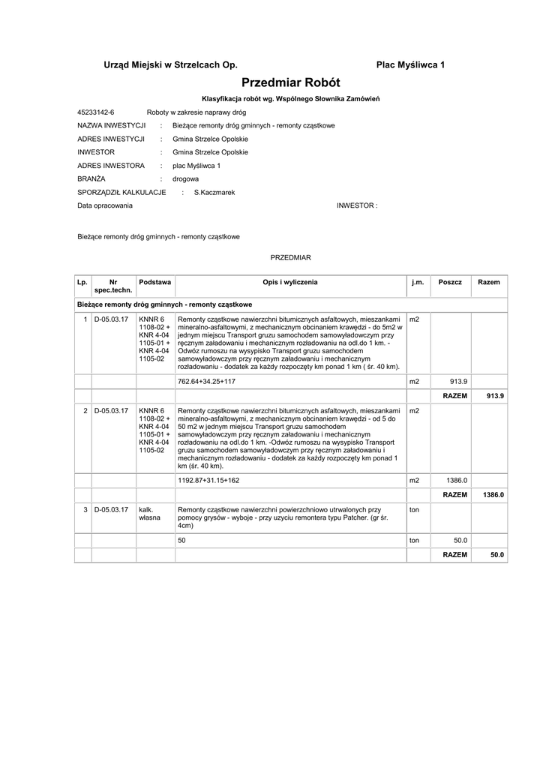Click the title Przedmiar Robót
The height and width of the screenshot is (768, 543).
coord(291,82)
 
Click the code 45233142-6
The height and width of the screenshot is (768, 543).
coord(95,112)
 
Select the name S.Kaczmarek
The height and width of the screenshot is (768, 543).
coord(214,193)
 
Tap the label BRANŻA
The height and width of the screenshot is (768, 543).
coord(92,179)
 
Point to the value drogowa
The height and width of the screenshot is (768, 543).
coord(185,179)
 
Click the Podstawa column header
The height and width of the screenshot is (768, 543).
coord(154,282)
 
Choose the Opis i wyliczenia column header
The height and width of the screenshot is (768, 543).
coord(290,282)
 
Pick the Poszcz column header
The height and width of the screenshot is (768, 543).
coord(450,282)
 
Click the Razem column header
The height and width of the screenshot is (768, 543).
coord(488,282)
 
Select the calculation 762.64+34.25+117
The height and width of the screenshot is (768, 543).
coord(206,382)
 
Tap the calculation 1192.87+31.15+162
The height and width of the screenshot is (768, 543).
coord(208,480)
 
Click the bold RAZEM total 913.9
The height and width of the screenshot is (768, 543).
coord(496,395)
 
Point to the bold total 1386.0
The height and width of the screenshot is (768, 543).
coord(493,495)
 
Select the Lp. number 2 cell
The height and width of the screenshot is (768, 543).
coord(85,410)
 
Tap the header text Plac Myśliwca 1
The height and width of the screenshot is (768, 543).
coord(410,65)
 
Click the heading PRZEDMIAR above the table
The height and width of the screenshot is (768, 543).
coord(290,257)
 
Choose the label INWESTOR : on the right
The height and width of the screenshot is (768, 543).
coord(357,205)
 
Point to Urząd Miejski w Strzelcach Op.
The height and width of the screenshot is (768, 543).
coord(169,65)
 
